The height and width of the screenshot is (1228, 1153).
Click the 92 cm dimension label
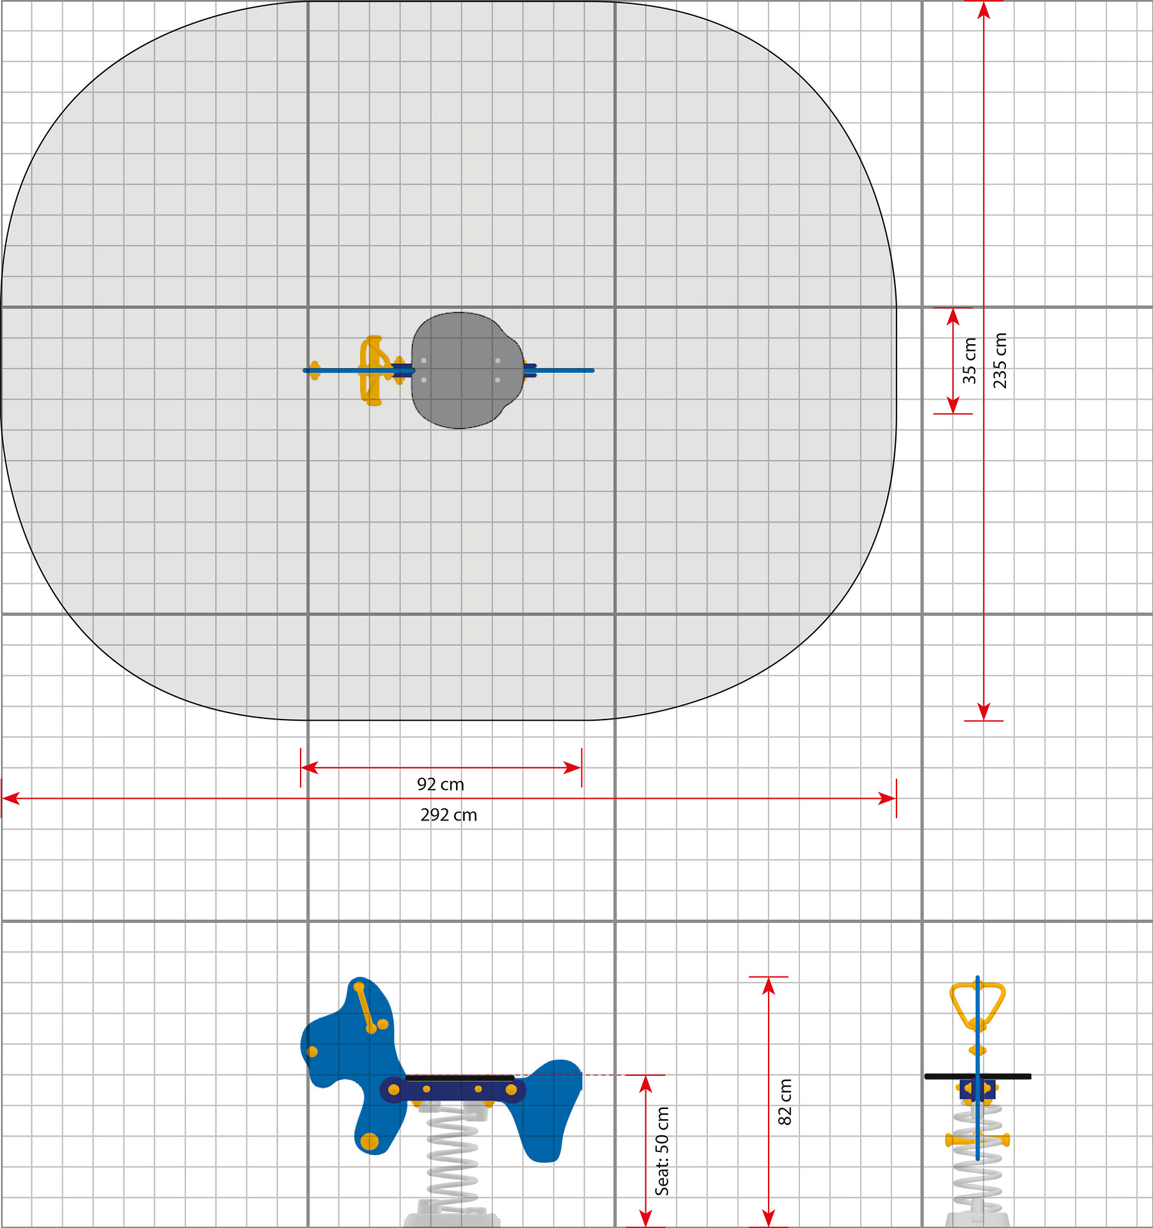[441, 784]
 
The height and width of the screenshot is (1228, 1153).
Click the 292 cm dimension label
[448, 815]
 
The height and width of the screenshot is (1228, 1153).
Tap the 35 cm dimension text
[969, 361]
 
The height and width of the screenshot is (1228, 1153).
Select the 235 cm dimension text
[1000, 360]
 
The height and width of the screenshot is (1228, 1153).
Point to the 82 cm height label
[785, 1102]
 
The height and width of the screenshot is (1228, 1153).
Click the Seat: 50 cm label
[662, 1151]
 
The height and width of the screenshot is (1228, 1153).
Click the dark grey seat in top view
[467, 370]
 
